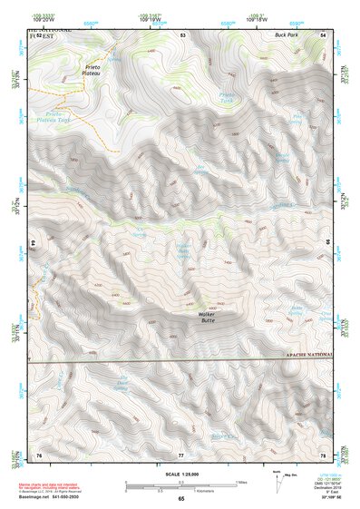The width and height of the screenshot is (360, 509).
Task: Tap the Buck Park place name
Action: (287, 35)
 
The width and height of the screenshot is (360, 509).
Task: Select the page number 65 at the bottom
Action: (180, 499)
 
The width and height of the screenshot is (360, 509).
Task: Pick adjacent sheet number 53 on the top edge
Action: (182, 34)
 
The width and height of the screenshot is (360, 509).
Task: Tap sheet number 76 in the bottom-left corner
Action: (39, 454)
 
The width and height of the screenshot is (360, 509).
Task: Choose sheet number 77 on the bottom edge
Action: (180, 454)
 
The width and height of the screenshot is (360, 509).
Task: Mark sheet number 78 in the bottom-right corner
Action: (323, 454)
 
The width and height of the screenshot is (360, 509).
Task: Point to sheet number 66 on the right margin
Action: (328, 243)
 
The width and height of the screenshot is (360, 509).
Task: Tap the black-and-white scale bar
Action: (180, 485)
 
